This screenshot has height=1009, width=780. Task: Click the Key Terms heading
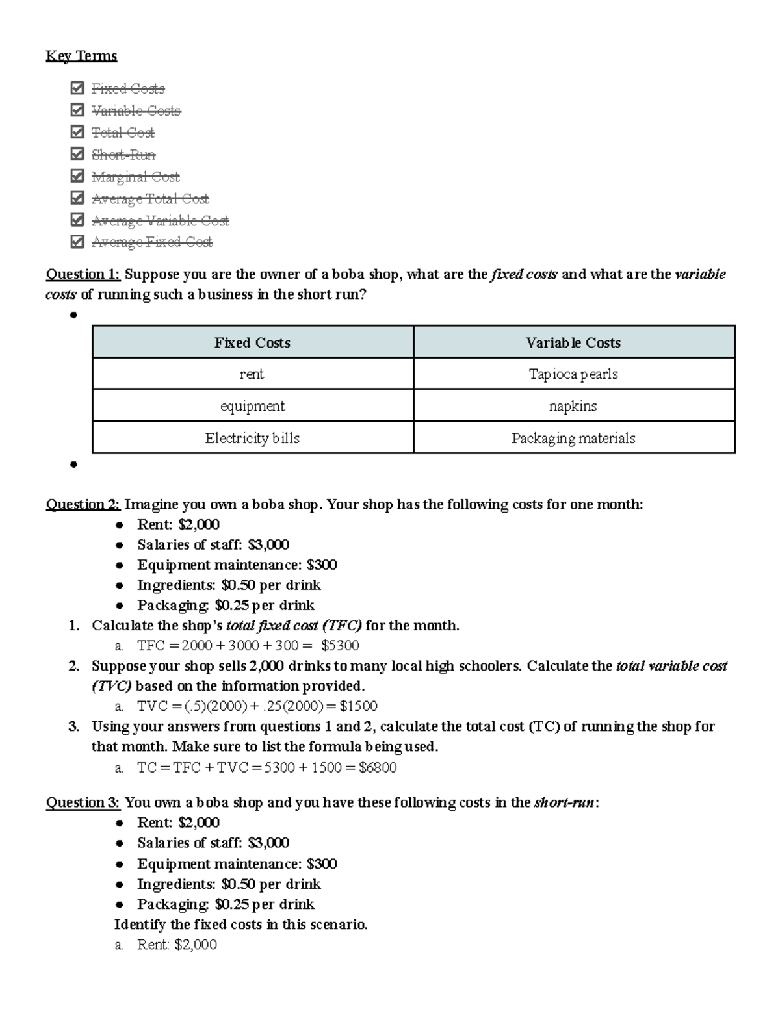coord(81,56)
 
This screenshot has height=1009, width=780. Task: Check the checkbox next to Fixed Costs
coord(77,88)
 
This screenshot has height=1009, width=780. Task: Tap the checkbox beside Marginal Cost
coord(77,176)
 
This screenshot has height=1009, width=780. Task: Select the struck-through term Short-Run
coord(123,155)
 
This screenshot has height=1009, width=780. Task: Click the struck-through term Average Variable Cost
coord(160,221)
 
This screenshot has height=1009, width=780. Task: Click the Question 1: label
coord(83,274)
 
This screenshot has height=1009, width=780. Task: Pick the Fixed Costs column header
coord(252,342)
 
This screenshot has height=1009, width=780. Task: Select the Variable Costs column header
coord(573,342)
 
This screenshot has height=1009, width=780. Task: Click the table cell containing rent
coord(252,374)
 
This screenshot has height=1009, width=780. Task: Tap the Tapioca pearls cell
coord(573,374)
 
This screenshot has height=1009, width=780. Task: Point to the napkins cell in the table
coord(573,406)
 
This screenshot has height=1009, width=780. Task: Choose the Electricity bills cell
coord(252,438)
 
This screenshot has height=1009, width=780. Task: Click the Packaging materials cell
coord(573,438)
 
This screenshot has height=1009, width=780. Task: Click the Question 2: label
coord(83,504)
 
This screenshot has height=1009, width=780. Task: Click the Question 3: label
coord(83,802)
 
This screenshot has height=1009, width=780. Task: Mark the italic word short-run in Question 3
coord(564,802)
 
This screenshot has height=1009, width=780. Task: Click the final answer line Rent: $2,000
coord(177,945)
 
